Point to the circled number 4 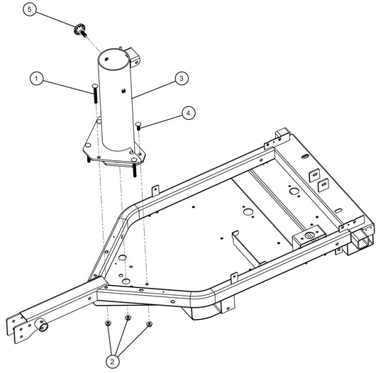(187, 111)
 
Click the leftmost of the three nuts (106, 324)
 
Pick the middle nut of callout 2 (128, 318)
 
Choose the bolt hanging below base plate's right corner (134, 169)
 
